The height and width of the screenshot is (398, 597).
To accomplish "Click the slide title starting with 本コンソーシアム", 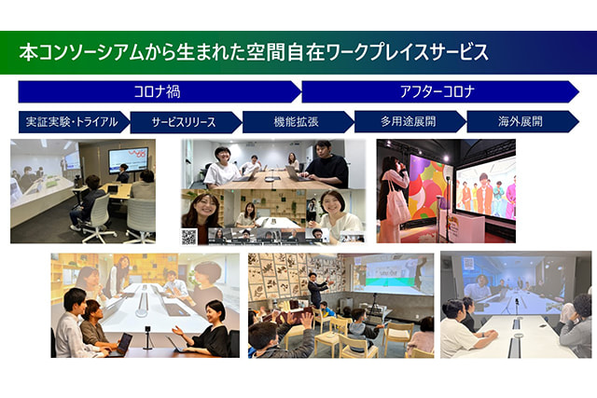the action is [254, 52].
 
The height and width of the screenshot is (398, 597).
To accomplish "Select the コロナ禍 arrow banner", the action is [160, 91].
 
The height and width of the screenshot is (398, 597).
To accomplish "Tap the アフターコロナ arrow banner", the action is [440, 91].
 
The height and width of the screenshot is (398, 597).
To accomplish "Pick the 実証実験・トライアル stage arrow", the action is [75, 122].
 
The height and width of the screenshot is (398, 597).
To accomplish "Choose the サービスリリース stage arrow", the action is [186, 122].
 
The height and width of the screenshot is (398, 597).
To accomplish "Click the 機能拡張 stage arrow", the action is [298, 122].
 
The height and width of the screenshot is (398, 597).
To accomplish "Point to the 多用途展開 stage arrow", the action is [410, 121].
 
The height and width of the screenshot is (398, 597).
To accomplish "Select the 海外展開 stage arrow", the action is [522, 121].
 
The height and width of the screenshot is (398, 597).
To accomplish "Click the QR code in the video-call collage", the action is [189, 237].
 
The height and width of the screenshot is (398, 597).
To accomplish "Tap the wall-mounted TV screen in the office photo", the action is [129, 159].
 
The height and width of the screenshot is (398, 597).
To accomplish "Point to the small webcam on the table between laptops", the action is [147, 337].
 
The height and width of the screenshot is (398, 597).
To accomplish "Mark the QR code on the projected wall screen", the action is [468, 263].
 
